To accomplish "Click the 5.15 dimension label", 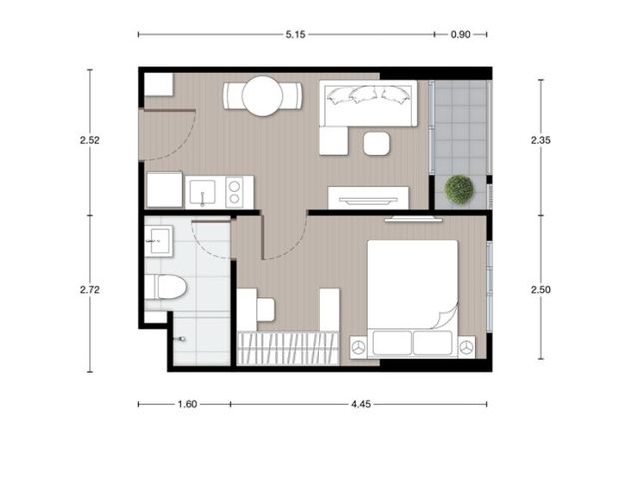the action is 295,35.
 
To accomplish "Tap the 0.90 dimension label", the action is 460,35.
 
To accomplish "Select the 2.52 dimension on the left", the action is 90,140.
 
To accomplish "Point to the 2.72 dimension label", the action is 90,290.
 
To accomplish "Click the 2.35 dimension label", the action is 541,140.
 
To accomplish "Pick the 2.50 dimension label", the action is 541,290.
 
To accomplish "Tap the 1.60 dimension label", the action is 187,404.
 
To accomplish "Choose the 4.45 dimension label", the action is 361,404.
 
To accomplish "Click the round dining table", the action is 262,96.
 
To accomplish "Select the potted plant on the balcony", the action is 459,189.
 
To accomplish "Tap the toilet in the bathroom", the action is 165,287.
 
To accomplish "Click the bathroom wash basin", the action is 159,241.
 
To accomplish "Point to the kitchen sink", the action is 202,192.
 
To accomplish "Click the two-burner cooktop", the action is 234,192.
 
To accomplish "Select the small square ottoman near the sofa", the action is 377,143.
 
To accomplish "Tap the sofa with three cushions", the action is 368,103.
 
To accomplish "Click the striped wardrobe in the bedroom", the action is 289,348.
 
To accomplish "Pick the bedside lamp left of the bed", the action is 359,348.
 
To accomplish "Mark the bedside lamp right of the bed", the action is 467,348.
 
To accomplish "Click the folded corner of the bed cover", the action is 447,315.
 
